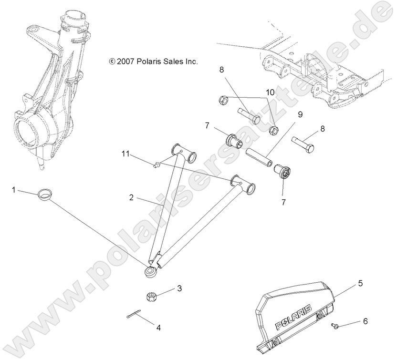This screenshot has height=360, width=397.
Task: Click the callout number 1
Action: point(14,190)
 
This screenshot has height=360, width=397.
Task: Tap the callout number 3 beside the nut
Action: point(179,288)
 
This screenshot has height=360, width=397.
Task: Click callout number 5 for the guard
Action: point(361,283)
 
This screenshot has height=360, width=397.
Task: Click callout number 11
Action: point(125,154)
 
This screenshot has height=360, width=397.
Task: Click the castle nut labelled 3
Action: point(151,297)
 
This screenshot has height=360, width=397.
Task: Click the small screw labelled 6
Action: point(334,326)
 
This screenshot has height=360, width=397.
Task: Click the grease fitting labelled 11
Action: point(155,165)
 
